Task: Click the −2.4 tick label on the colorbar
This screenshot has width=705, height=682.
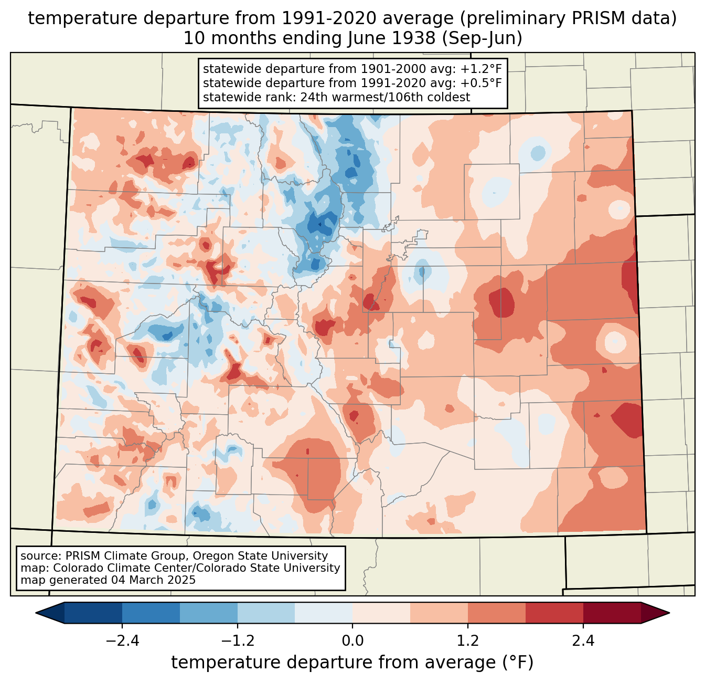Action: tap(122, 641)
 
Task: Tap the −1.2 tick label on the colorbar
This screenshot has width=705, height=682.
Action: tap(238, 641)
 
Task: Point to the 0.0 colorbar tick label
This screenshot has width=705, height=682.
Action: tap(352, 641)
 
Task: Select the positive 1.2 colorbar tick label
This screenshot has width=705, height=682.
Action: tap(468, 641)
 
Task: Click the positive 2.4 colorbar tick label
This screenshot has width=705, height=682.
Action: tap(583, 641)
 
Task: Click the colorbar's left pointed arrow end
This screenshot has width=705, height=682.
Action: tap(36, 613)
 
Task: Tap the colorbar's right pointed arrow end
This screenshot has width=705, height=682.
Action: tap(669, 613)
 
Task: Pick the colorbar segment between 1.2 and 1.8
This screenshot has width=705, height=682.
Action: tap(497, 613)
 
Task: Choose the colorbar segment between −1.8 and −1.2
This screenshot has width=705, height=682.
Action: tap(209, 613)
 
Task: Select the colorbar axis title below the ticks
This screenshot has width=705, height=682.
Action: tap(352, 662)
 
